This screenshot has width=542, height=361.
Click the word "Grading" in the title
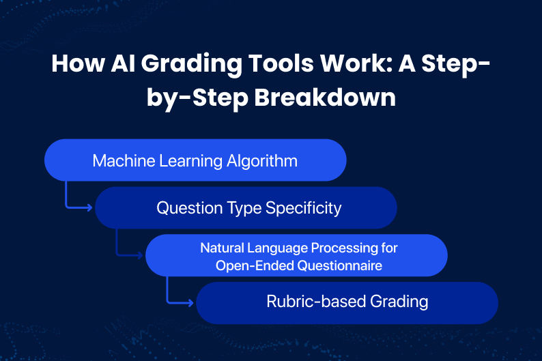tap(191, 64)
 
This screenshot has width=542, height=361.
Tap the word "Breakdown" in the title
tap(325, 98)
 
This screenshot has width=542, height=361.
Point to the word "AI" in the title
tap(123, 63)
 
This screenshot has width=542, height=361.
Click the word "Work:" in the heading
tap(356, 63)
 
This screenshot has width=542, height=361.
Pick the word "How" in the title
tap(78, 63)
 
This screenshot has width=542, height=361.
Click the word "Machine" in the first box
tap(124, 161)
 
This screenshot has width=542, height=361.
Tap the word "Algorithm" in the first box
tap(262, 161)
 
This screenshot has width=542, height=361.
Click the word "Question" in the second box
tap(189, 208)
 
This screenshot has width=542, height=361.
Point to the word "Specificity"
tap(304, 209)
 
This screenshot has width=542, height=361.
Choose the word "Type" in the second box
tap(244, 209)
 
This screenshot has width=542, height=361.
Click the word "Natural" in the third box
tap(223, 248)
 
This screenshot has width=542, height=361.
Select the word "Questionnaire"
tap(340, 265)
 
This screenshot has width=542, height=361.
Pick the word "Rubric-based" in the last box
tap(316, 302)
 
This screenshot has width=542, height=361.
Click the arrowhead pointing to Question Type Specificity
tap(90, 207)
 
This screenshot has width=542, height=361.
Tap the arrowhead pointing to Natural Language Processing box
tap(141, 255)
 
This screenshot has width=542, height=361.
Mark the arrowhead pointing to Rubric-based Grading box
tap(191, 303)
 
